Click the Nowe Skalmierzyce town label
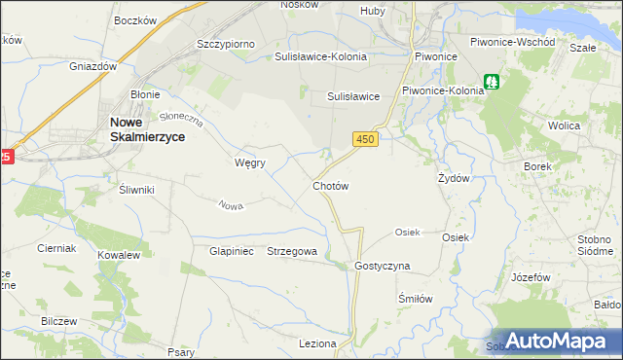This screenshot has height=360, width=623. (143, 129)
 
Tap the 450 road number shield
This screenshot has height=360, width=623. (365, 140)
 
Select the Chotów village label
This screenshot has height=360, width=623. (330, 185)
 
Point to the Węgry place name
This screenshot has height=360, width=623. (250, 162)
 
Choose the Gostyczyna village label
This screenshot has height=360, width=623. (383, 266)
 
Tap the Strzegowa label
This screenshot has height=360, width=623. (292, 251)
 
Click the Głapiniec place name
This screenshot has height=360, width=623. (231, 251)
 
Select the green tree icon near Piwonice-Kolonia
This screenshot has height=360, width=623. (494, 84)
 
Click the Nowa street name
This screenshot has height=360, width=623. (231, 205)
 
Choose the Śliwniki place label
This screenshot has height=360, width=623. (136, 190)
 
